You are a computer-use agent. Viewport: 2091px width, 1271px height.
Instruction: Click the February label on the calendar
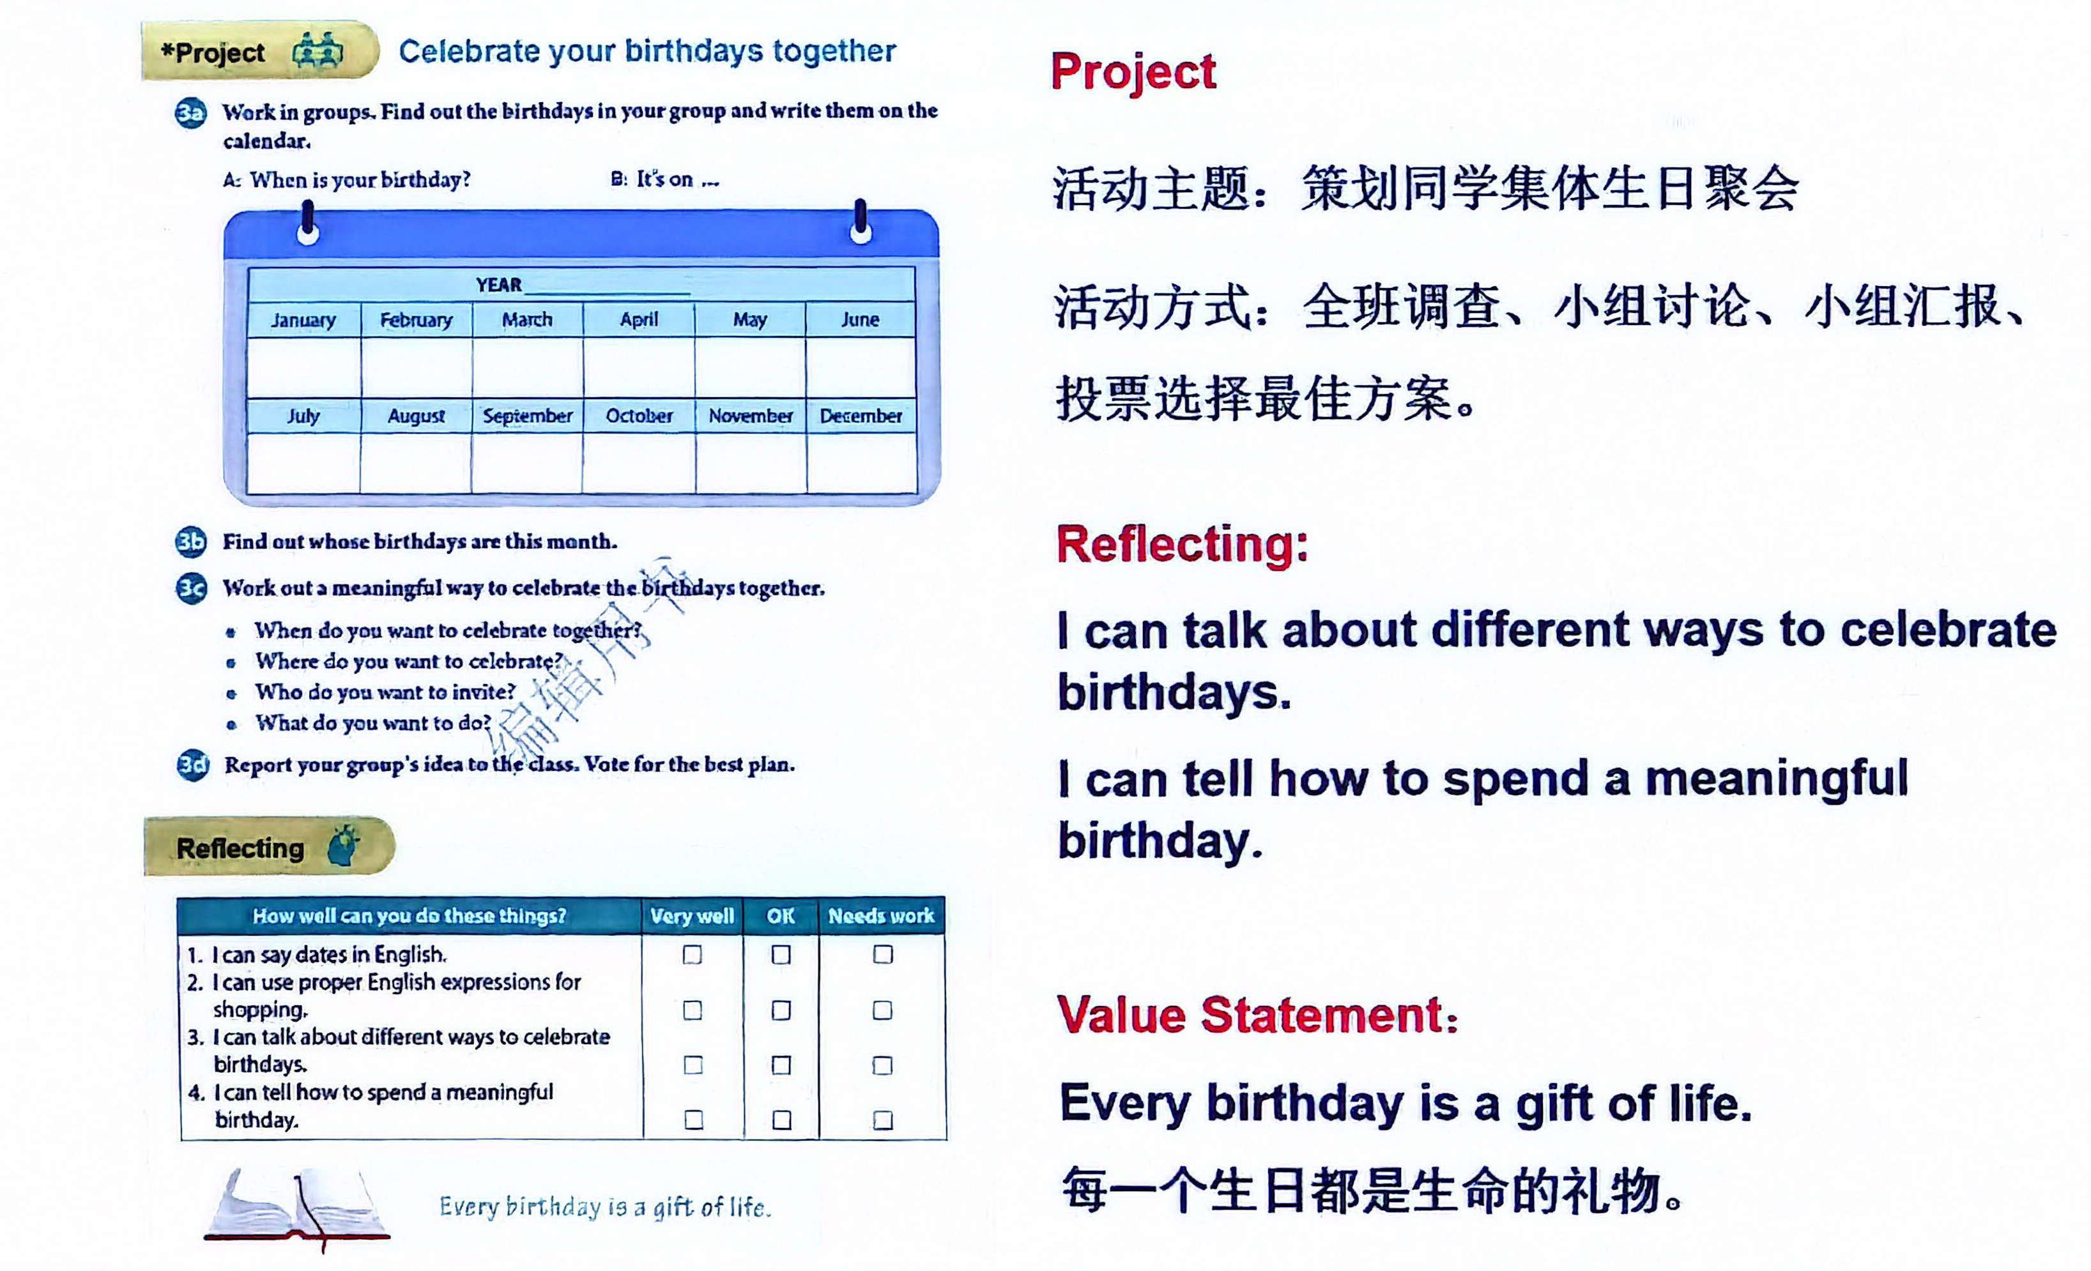click(x=416, y=320)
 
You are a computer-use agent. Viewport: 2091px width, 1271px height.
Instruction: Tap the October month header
click(x=639, y=416)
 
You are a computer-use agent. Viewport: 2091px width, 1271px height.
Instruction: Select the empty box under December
click(x=861, y=462)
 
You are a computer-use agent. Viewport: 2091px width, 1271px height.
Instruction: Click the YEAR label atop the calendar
click(x=499, y=285)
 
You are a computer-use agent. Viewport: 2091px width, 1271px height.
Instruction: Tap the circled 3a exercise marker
click(x=191, y=114)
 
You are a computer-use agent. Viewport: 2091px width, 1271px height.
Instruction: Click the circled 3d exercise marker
click(x=193, y=765)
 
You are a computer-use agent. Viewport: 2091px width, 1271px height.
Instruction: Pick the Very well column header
click(x=692, y=917)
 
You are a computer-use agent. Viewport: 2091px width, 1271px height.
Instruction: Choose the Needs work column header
click(x=881, y=917)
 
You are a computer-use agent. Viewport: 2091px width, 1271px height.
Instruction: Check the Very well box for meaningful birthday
click(x=693, y=1120)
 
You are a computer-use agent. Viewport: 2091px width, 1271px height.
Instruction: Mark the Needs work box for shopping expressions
click(x=882, y=1010)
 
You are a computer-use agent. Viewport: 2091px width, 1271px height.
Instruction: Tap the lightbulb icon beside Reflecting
click(x=343, y=845)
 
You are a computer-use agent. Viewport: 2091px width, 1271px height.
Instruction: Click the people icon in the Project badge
click(x=318, y=51)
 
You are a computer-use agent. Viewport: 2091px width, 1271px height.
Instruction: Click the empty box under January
click(x=304, y=367)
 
